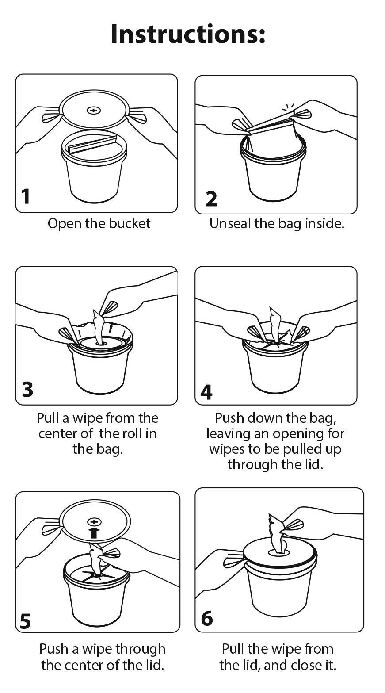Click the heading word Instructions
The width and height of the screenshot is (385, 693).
coord(188,34)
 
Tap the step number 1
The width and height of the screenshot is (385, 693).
coord(26,197)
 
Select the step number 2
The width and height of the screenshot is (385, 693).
coord(211,199)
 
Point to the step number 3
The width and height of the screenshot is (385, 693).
coord(27,390)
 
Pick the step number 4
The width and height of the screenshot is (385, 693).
coord(206,392)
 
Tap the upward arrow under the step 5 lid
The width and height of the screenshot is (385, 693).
coord(94,533)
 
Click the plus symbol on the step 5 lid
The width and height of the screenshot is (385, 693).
coord(94,522)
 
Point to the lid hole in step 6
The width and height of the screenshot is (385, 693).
coord(279,551)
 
